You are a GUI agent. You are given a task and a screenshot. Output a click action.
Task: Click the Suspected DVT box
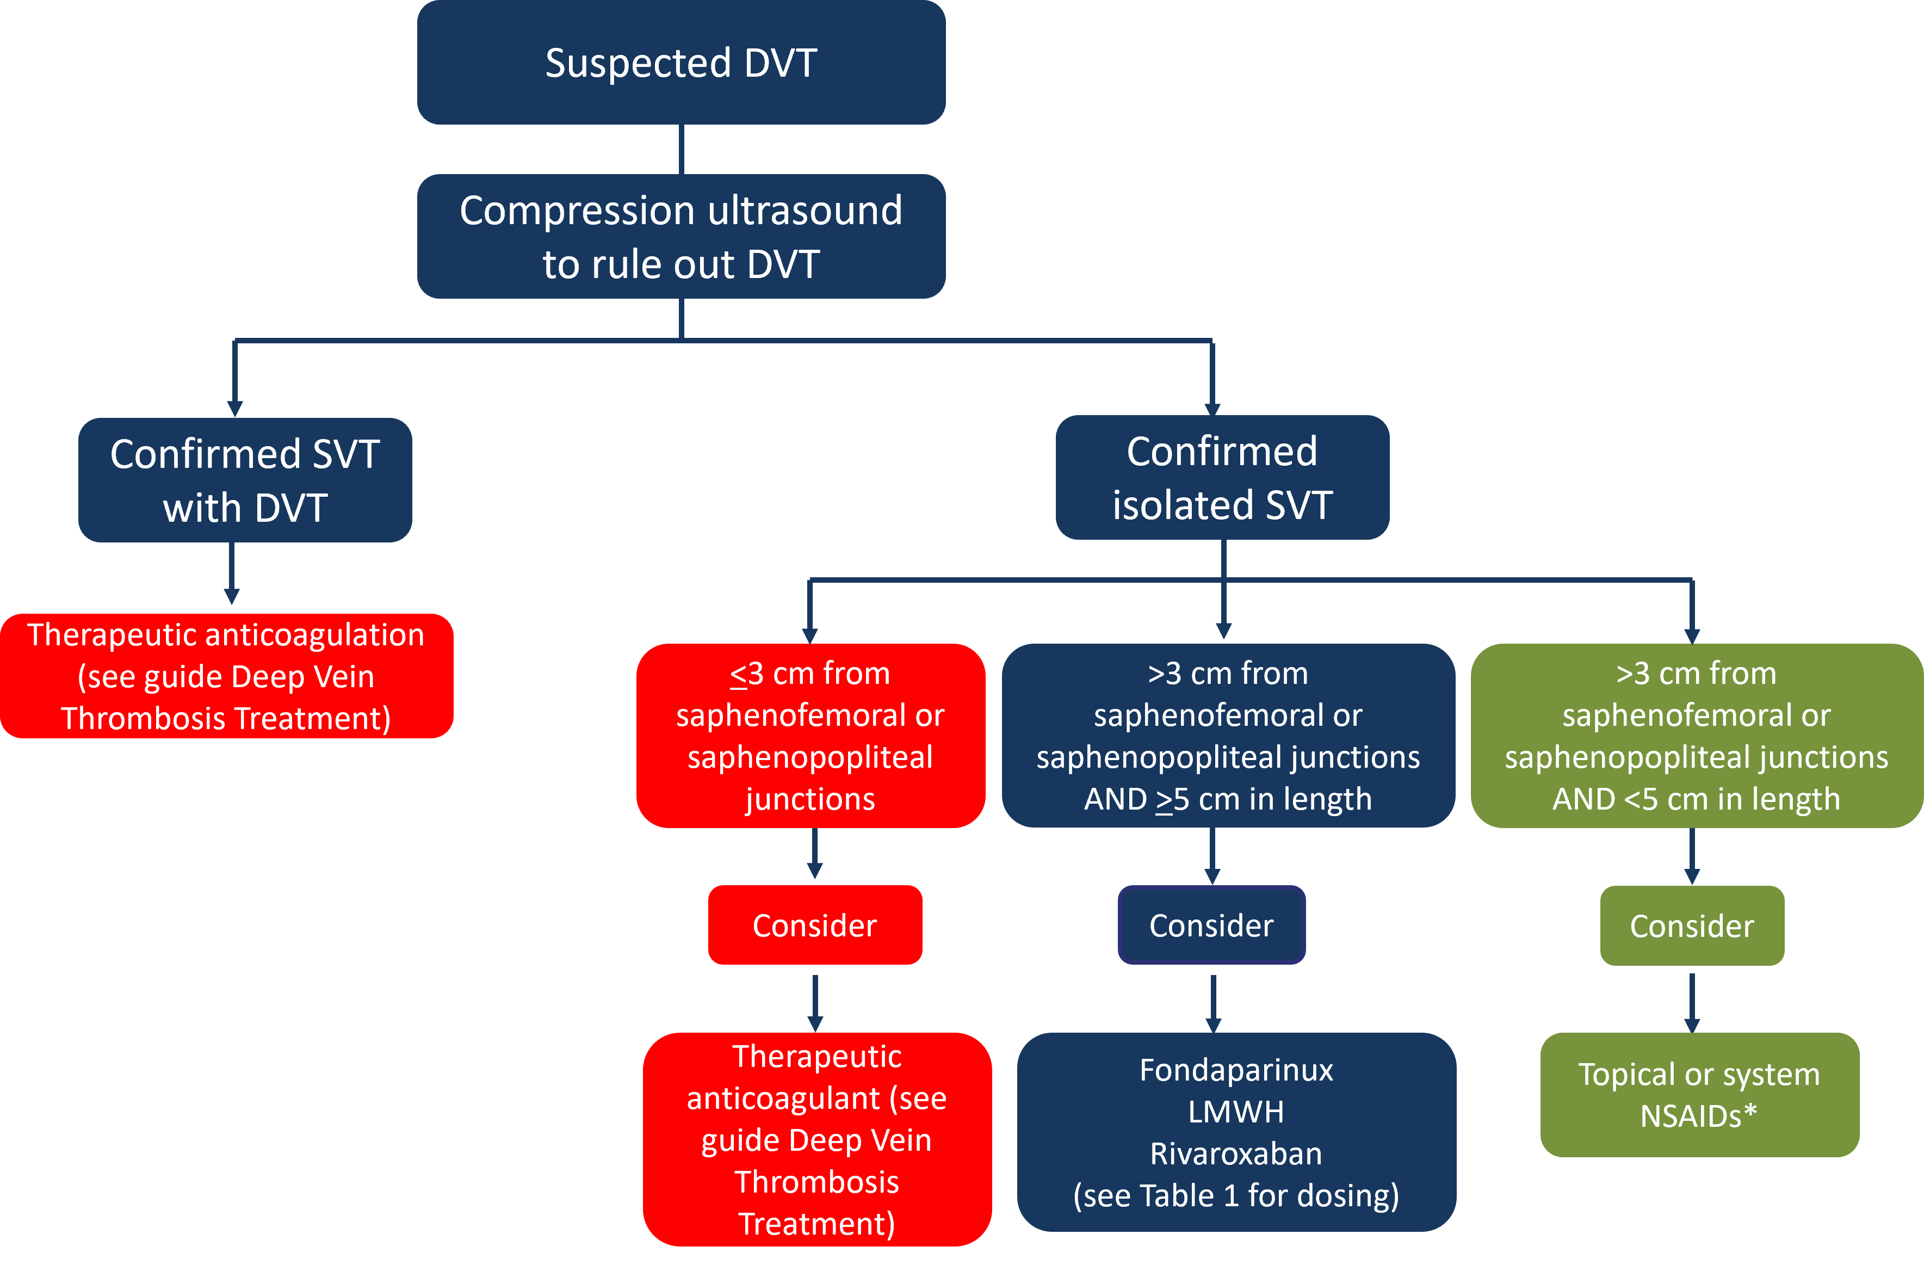(x=680, y=62)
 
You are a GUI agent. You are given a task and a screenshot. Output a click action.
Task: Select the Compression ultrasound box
(x=680, y=236)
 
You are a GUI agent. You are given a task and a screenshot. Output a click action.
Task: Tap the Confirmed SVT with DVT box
(x=245, y=480)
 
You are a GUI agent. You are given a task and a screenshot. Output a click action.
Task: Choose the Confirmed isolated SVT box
(x=1222, y=477)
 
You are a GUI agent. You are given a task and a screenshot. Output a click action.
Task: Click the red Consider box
(x=814, y=924)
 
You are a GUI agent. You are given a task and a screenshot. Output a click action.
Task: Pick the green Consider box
(x=1691, y=925)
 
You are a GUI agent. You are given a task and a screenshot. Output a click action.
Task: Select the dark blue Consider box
(x=1211, y=924)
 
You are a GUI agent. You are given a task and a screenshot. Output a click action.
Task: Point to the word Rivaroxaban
(x=1235, y=1153)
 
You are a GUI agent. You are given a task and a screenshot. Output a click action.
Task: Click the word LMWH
(x=1235, y=1112)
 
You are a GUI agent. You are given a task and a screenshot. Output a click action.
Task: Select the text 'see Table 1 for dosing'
(x=1235, y=1195)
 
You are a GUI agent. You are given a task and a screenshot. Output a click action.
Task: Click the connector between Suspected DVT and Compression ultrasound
(x=682, y=149)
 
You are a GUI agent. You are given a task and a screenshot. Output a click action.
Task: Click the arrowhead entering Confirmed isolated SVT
(x=1212, y=409)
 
